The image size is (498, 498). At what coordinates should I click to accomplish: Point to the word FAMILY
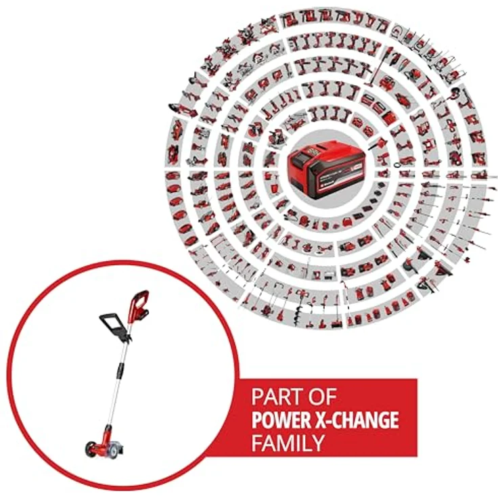[288, 444]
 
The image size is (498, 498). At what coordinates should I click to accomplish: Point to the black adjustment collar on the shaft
[120, 369]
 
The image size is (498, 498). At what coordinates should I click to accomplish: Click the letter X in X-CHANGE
[326, 420]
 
